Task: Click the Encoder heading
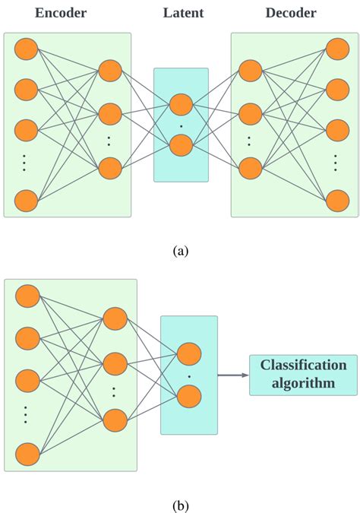tap(62, 13)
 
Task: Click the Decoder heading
tap(291, 13)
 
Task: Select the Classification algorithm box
tap(303, 374)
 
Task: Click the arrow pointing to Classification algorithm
tap(233, 375)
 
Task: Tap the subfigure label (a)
tap(181, 250)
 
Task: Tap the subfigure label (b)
tap(181, 505)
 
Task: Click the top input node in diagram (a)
tap(27, 49)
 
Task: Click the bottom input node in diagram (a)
tap(27, 201)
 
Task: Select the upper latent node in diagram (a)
tap(181, 104)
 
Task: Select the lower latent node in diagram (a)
tap(181, 144)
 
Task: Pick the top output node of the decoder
tap(337, 49)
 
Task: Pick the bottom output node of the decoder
tap(337, 201)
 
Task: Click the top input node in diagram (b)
tap(28, 295)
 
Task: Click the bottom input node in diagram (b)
tap(28, 454)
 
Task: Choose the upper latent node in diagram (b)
tap(189, 353)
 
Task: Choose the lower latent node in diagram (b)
tap(189, 396)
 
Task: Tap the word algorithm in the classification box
tap(303, 384)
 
